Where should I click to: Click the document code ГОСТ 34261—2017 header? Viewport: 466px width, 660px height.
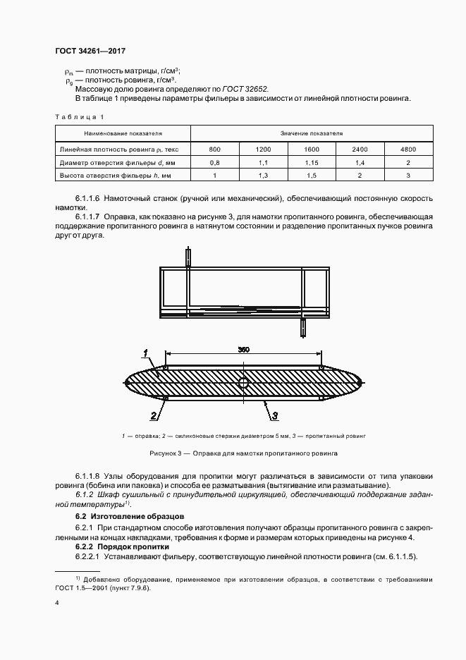[x=90, y=51]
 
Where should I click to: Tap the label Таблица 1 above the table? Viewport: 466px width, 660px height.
[x=79, y=117]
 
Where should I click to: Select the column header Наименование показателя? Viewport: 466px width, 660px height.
[x=123, y=133]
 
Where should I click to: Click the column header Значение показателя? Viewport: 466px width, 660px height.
[x=312, y=133]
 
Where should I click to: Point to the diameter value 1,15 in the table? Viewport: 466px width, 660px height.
[x=312, y=162]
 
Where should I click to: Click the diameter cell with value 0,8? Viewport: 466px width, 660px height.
[x=215, y=162]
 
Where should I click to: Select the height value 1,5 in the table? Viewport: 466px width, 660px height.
[x=312, y=175]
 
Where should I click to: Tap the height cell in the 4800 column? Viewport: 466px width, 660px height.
[x=407, y=175]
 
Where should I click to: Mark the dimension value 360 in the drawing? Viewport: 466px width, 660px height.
[x=243, y=350]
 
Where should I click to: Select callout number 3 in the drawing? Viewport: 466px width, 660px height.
[x=276, y=415]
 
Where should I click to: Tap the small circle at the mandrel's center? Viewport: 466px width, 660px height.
[x=243, y=383]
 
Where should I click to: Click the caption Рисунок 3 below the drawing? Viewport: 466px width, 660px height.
[x=243, y=453]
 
